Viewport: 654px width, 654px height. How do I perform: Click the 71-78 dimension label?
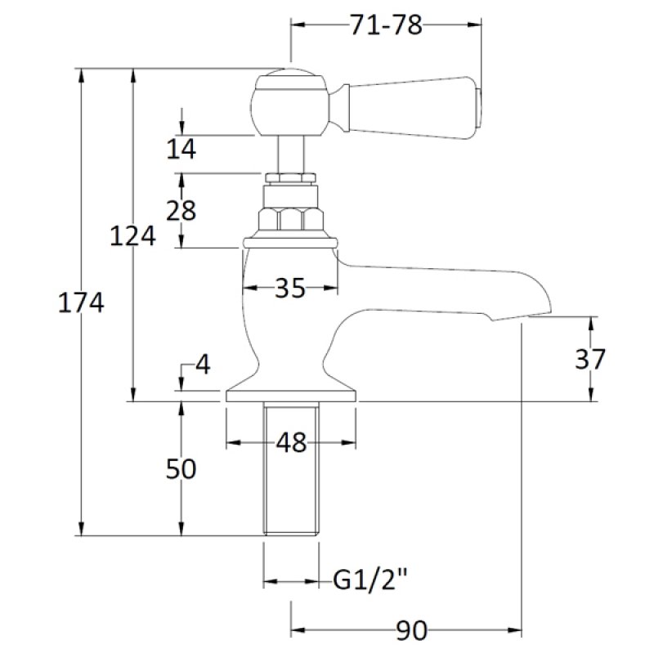386,26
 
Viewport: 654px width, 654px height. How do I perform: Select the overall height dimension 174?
81,303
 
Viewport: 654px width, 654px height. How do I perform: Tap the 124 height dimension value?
133,237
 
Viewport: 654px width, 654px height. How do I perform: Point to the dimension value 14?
181,149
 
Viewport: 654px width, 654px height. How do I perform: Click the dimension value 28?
181,210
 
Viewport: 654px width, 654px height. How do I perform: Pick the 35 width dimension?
290,288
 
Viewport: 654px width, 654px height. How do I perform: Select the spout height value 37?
589,359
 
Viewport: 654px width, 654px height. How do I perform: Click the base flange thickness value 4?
201,365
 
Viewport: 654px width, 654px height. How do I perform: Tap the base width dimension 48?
290,443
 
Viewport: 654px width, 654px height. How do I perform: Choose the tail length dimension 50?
181,469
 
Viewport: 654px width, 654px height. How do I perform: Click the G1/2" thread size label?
370,582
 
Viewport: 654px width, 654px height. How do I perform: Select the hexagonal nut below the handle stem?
290,219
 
